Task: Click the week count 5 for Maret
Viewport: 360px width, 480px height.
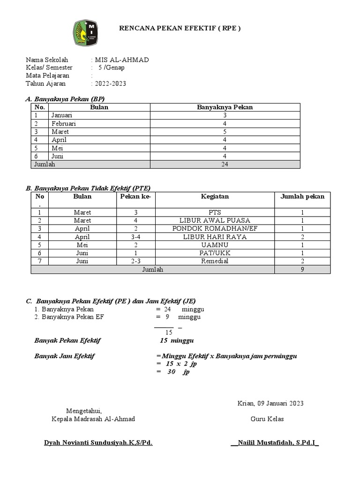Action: tap(225, 132)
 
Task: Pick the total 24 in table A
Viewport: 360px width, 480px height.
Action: tap(225, 164)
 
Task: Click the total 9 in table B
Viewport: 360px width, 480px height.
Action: tap(302, 270)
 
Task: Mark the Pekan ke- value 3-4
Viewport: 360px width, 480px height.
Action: tap(135, 237)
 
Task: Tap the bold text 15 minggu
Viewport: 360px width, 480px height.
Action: tap(177, 340)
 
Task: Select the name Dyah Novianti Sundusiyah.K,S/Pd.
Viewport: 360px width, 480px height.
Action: tap(98, 442)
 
